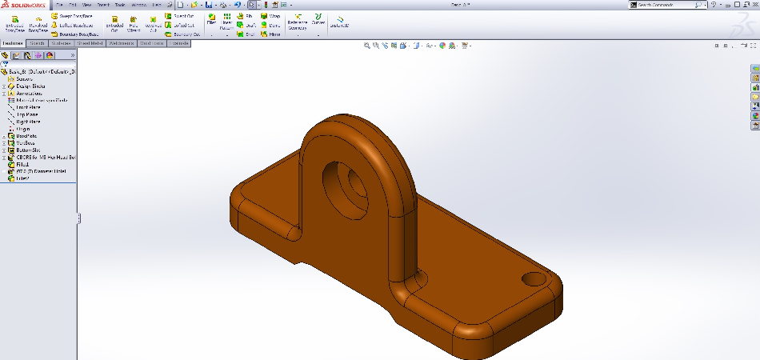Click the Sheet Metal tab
89,43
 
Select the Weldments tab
120,43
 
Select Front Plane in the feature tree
27,107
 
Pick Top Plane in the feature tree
26,114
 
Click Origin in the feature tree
22,129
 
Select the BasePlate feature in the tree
26,136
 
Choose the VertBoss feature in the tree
26,143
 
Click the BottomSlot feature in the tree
28,150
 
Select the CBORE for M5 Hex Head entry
44,158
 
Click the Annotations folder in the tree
29,93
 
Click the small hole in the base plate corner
532,280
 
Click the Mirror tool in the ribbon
274,34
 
